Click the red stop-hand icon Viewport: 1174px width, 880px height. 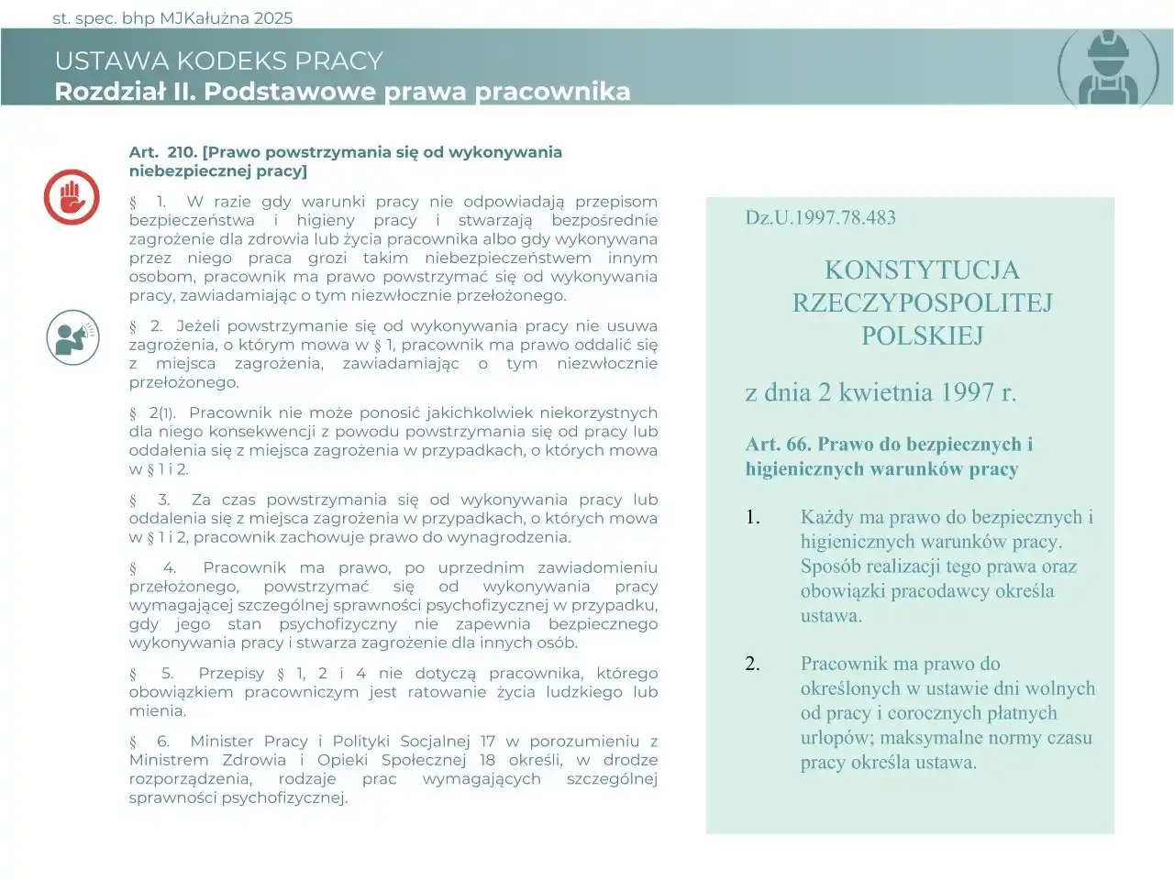[72, 197]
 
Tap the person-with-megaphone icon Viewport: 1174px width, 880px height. [72, 337]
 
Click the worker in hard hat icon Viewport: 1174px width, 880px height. [1108, 67]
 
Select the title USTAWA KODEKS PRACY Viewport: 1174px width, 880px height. [218, 61]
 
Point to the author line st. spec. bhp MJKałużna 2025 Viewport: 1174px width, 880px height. [172, 17]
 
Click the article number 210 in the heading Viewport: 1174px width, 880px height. [182, 152]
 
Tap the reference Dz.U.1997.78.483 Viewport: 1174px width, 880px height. [820, 218]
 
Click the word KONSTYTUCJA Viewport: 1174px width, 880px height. [921, 269]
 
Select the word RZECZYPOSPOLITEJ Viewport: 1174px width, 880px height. [922, 302]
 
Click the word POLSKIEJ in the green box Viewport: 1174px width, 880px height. [922, 335]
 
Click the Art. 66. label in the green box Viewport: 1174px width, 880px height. [778, 445]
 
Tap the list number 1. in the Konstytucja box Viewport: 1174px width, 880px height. [752, 517]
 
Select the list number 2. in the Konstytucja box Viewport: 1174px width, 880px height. [752, 664]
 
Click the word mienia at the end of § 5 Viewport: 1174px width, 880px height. [157, 710]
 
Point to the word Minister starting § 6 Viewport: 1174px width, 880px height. [224, 741]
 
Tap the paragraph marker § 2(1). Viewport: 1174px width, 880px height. [152, 413]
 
